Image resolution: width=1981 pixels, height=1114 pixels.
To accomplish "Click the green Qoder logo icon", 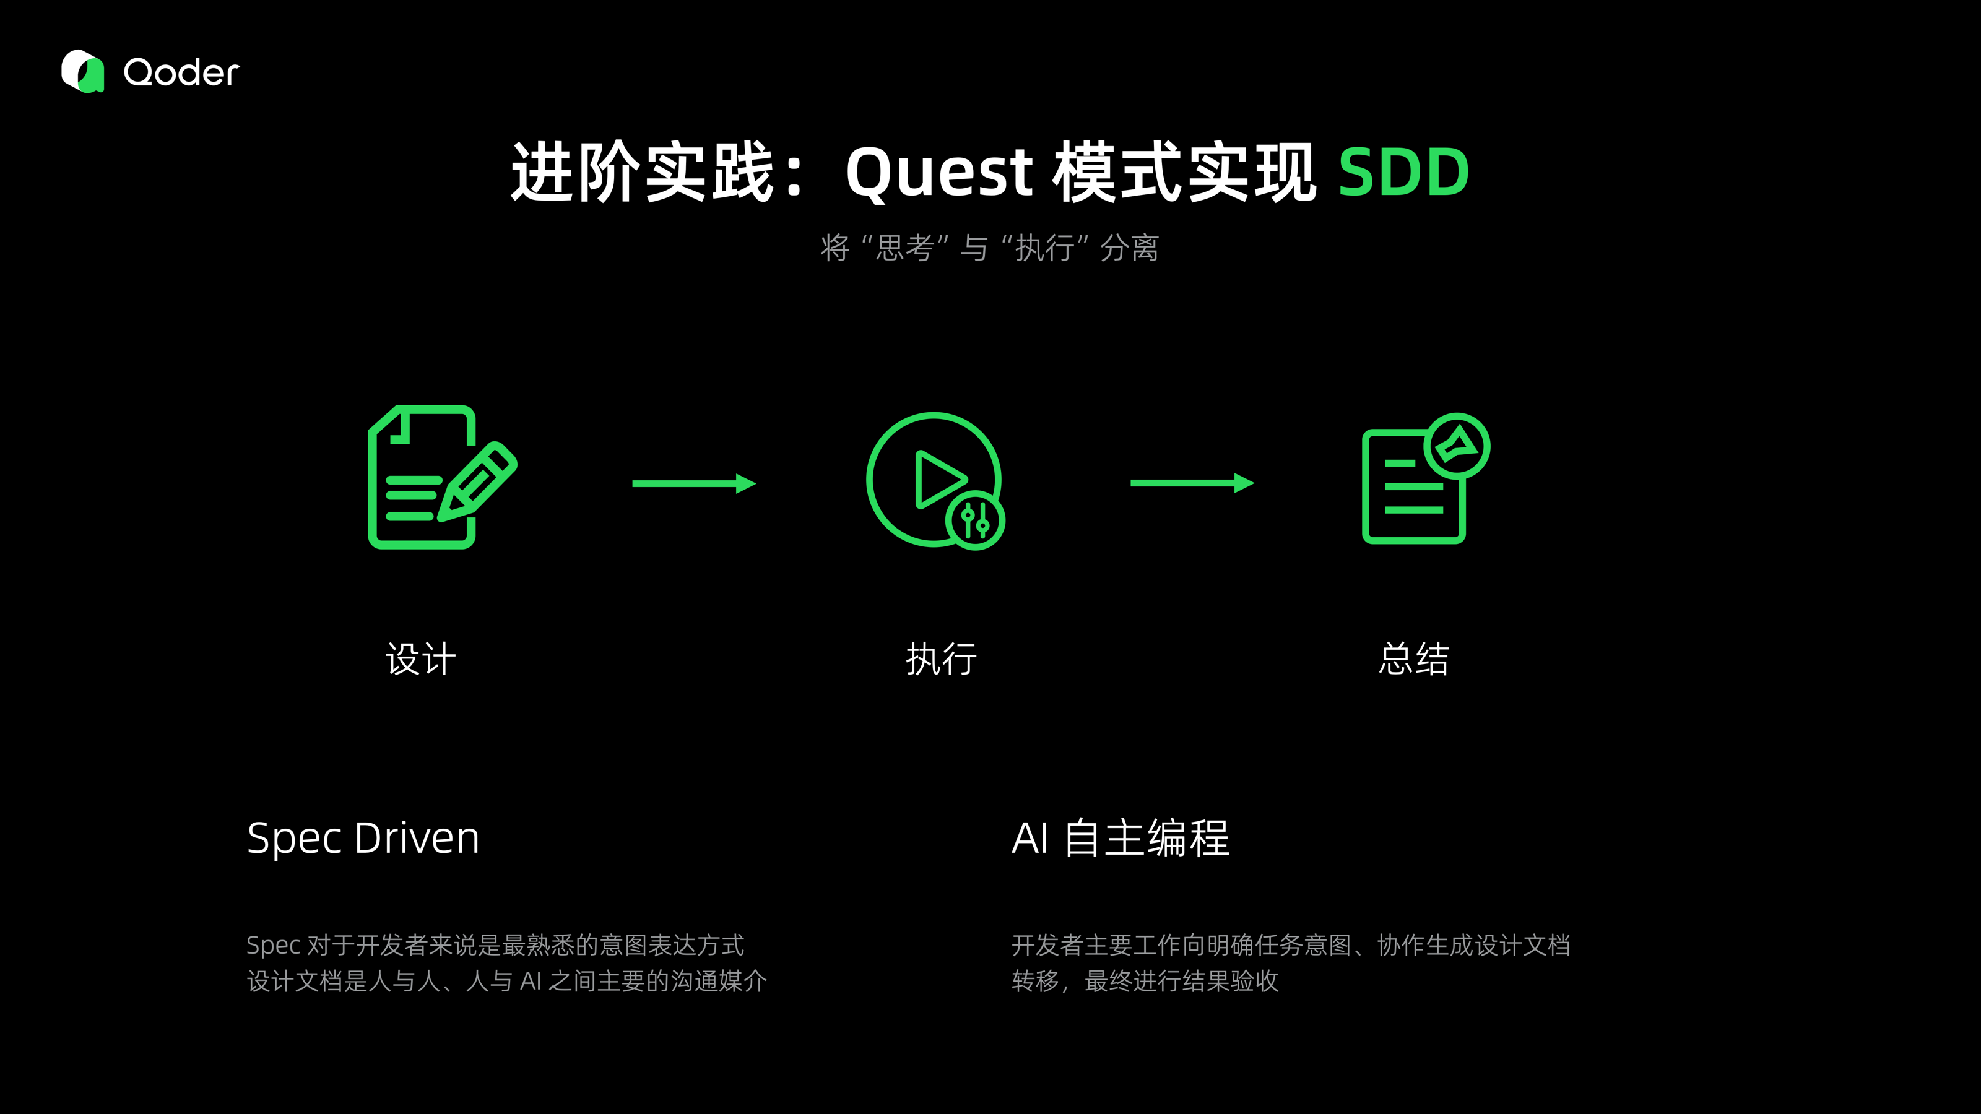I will (x=82, y=72).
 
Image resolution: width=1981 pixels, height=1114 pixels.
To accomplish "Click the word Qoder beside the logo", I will (x=181, y=73).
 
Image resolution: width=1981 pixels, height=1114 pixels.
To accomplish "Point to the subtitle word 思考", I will (x=904, y=248).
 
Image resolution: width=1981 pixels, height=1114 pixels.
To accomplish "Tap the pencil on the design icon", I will (x=479, y=482).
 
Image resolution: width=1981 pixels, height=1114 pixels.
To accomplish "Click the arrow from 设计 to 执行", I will (x=693, y=483).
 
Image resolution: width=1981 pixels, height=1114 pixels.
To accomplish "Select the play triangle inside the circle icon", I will (x=937, y=480).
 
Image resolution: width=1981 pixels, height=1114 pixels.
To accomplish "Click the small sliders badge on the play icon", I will (x=975, y=520).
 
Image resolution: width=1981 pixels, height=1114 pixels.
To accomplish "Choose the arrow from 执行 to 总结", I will (x=1191, y=483).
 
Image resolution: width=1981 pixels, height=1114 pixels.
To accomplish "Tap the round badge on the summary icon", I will (x=1457, y=446).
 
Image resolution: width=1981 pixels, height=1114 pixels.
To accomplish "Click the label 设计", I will (x=421, y=660).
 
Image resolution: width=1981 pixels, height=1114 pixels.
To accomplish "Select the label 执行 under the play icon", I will (x=941, y=660).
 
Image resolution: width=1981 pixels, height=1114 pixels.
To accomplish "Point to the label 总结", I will (x=1413, y=660).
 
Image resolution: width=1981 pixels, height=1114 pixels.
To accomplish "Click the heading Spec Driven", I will (x=363, y=838).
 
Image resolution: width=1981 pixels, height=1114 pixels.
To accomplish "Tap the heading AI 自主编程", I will (x=1121, y=838).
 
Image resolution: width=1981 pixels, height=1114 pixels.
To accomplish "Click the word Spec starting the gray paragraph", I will (x=273, y=946).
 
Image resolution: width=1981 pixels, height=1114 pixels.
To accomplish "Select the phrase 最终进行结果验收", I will (x=1181, y=982).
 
